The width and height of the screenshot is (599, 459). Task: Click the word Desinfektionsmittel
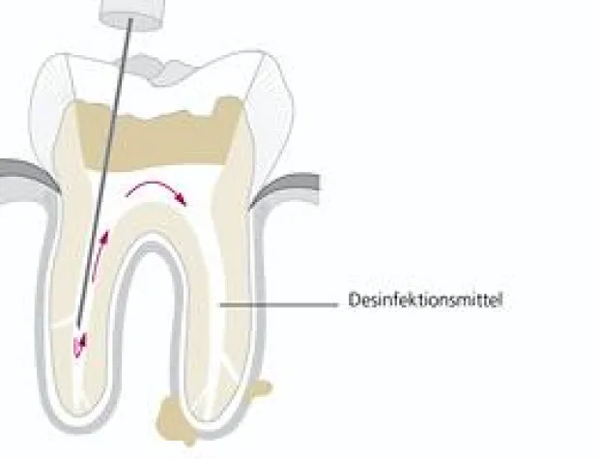[x=425, y=300]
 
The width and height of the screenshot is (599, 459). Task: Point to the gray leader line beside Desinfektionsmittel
[x=279, y=305]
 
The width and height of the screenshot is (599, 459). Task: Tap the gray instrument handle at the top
[x=131, y=14]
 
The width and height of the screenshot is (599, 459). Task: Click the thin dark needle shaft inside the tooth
[x=104, y=172]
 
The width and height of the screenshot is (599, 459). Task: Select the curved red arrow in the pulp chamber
[x=157, y=191]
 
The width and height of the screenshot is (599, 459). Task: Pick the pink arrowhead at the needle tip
[x=80, y=346]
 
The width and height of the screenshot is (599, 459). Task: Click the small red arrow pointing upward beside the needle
[x=100, y=254]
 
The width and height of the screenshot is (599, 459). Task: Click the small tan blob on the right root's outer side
[x=262, y=387]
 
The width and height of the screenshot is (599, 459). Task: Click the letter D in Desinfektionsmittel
[x=354, y=300]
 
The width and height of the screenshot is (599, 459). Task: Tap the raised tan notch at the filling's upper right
[x=228, y=106]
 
